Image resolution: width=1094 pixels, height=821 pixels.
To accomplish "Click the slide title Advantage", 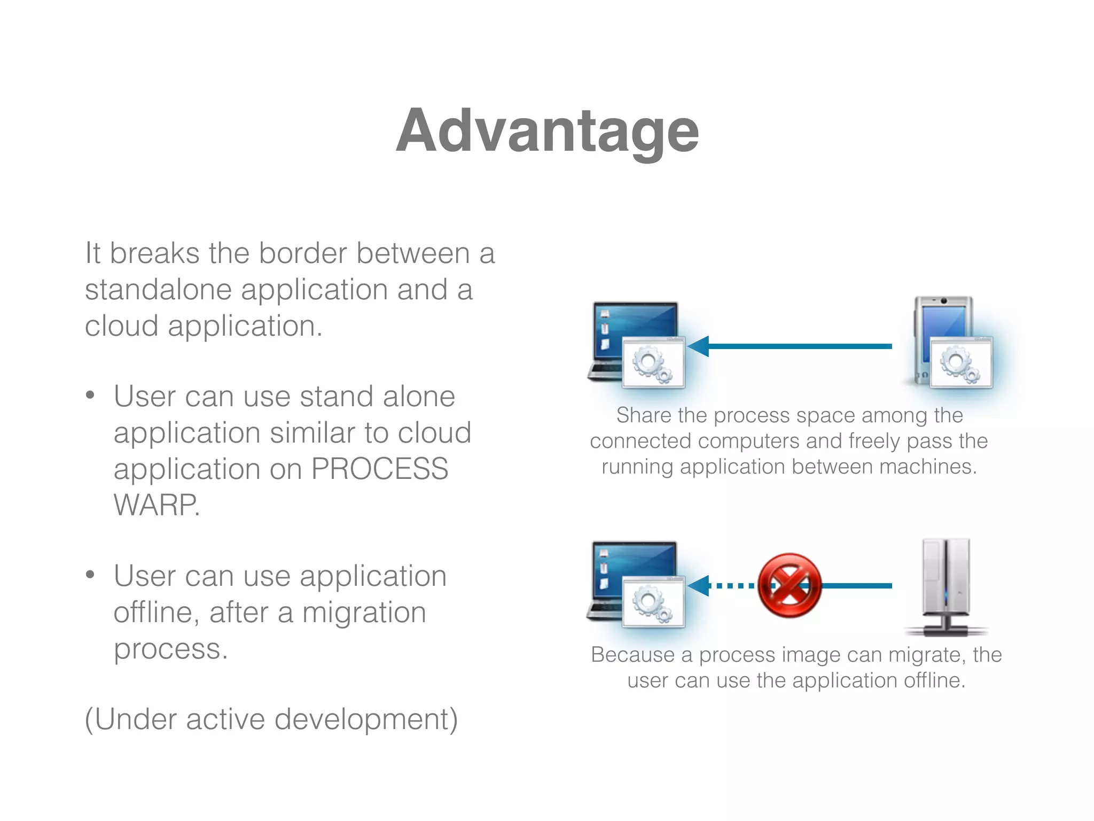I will click(x=547, y=131).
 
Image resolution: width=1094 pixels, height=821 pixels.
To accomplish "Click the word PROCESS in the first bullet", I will click(x=379, y=469).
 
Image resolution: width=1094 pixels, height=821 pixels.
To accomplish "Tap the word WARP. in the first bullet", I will click(x=157, y=505).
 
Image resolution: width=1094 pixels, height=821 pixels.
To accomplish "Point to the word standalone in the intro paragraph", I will click(x=158, y=290).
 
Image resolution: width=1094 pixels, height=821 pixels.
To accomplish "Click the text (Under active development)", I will click(x=271, y=719).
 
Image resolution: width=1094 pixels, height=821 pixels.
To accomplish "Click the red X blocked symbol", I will click(x=789, y=585).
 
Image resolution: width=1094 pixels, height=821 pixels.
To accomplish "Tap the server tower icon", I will click(x=945, y=585).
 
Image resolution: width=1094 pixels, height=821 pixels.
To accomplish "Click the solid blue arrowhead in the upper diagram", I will click(x=699, y=346).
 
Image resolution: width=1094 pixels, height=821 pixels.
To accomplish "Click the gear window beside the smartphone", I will click(x=961, y=362).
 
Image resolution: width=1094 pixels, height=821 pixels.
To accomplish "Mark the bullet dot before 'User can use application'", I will click(x=90, y=575).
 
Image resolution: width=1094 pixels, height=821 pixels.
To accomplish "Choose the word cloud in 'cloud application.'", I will click(x=121, y=326).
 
